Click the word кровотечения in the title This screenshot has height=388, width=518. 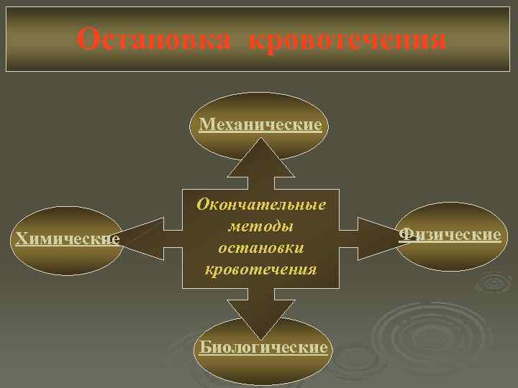tap(347, 39)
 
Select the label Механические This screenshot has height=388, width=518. tap(260, 124)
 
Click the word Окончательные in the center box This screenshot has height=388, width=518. tap(261, 204)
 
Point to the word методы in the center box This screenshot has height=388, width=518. tap(260, 226)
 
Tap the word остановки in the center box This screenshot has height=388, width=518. tap(260, 247)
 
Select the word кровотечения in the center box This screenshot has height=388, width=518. tap(260, 269)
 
